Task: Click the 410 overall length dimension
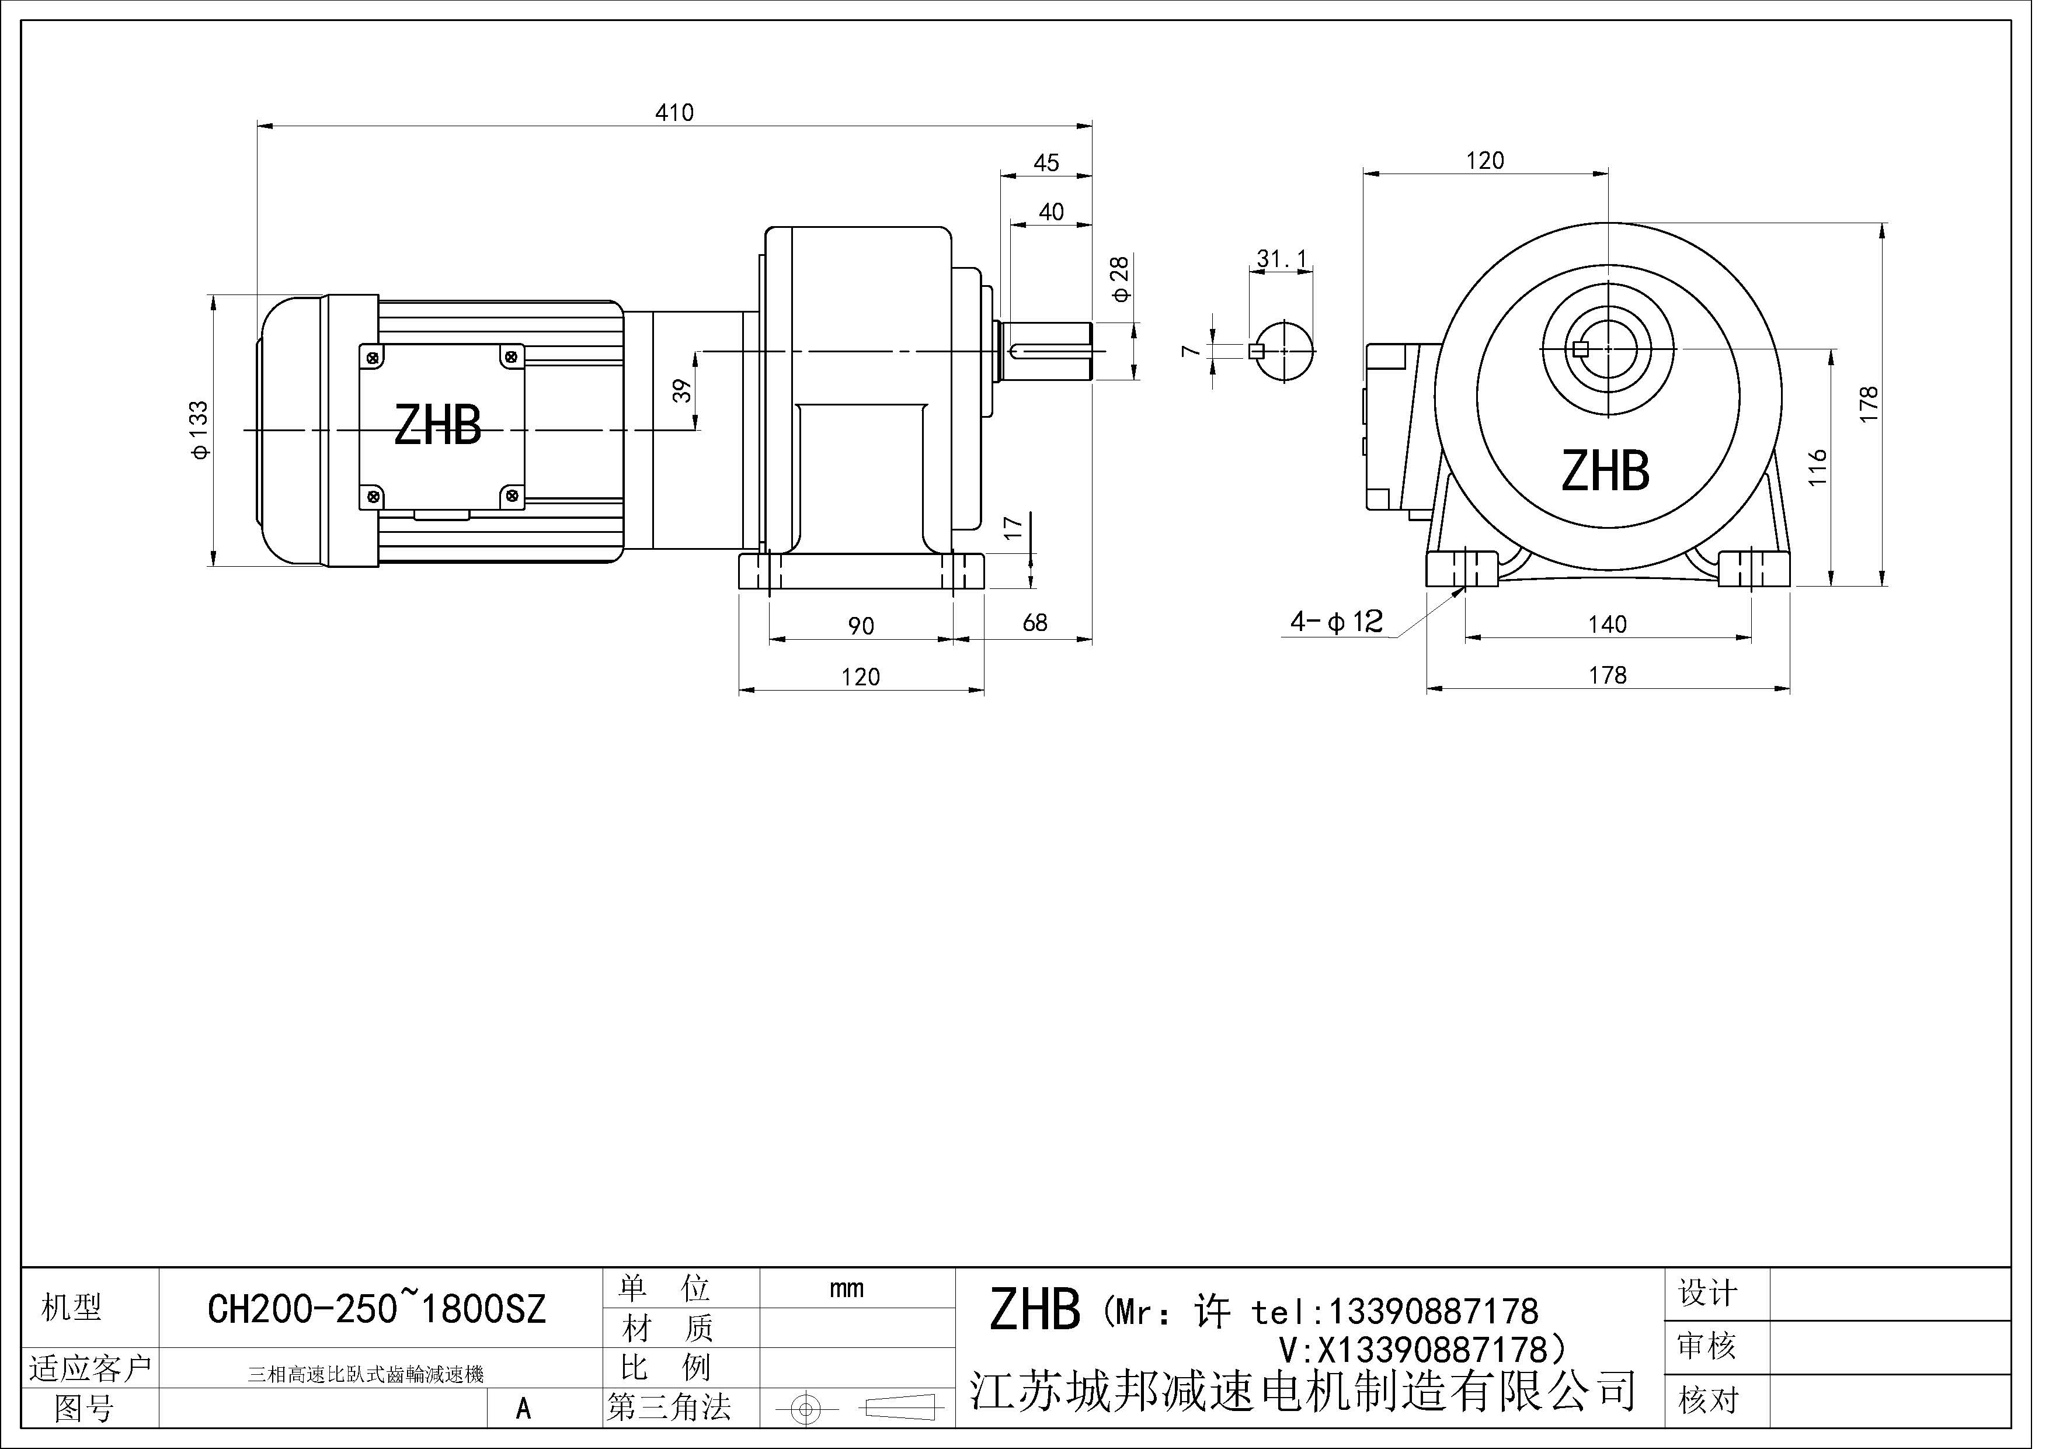point(674,113)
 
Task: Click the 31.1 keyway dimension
point(1282,259)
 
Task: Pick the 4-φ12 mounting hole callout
point(1336,622)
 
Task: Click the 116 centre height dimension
point(1818,467)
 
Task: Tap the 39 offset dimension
point(682,391)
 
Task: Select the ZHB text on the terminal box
point(437,426)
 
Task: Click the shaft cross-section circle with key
point(1283,351)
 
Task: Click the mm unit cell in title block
point(846,1288)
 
